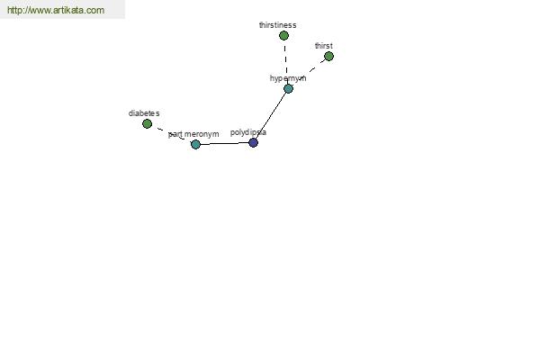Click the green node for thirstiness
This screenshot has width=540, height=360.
tap(283, 35)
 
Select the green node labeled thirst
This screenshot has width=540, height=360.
tap(328, 56)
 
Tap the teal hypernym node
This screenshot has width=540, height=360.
tap(289, 88)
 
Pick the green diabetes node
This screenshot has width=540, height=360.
tap(147, 123)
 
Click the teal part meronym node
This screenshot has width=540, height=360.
tap(195, 144)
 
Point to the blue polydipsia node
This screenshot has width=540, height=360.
tap(253, 142)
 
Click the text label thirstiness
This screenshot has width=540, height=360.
tap(277, 25)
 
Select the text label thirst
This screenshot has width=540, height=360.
tap(324, 46)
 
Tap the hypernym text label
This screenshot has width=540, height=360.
tap(288, 78)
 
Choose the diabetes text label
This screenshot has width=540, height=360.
tap(144, 113)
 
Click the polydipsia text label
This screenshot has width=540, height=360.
tap(248, 132)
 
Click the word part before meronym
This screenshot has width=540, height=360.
tap(175, 134)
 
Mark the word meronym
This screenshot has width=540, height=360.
tap(202, 134)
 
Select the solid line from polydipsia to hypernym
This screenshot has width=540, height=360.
tap(271, 115)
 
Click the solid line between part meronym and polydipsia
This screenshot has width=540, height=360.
tap(224, 143)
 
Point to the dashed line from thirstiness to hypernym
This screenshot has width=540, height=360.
tap(285, 58)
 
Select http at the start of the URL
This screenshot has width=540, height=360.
tap(14, 10)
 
